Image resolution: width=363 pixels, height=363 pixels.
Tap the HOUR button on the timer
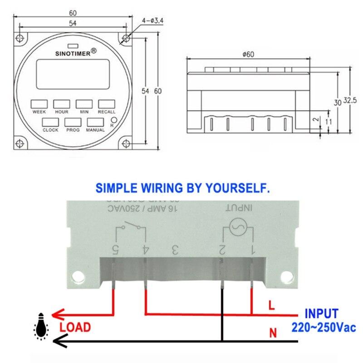[61, 103]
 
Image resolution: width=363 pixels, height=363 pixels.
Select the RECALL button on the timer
[106, 103]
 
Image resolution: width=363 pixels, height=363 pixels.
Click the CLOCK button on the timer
[50, 122]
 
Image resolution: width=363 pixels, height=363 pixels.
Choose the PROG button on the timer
[73, 122]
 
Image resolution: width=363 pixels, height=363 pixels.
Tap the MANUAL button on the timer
[95, 122]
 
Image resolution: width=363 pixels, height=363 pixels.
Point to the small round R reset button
[114, 120]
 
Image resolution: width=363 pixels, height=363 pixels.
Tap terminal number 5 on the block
[115, 250]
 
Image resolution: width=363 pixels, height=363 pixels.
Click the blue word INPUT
[321, 314]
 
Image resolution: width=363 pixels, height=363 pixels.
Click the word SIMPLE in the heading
[114, 188]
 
